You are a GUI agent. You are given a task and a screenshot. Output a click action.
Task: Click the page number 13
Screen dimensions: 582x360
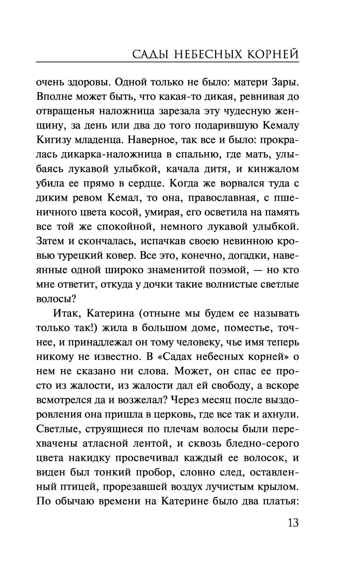pos(293,523)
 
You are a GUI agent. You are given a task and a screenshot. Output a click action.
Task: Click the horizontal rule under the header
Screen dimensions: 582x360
pos(167,62)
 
